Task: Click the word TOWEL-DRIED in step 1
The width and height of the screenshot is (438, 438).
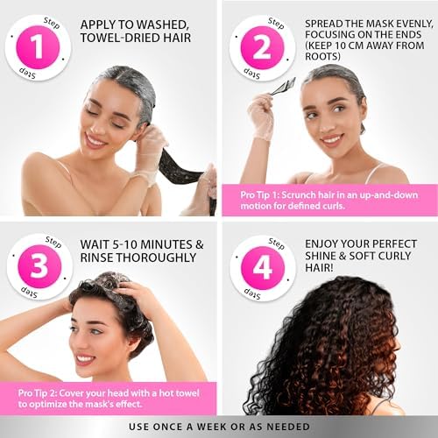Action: [x=127, y=39]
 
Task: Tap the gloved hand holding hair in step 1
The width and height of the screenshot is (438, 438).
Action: [x=152, y=140]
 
